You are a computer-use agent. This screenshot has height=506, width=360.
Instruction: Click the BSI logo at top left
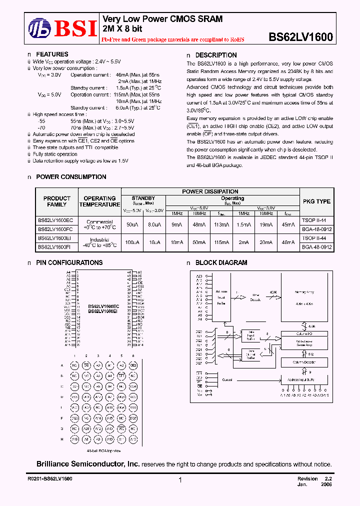[x=62, y=27]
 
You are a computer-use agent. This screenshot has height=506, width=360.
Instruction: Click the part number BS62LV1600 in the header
[x=300, y=36]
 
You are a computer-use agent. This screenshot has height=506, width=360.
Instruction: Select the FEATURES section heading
[x=52, y=54]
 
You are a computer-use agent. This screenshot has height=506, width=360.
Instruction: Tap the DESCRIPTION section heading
[x=215, y=55]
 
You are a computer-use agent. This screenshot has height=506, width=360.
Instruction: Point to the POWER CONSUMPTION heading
[x=71, y=177]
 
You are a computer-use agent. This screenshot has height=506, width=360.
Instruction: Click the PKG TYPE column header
[x=316, y=201]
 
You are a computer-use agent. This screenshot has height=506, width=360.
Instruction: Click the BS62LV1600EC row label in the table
[x=55, y=220]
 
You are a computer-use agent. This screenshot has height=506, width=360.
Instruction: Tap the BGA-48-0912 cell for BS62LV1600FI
[x=316, y=247]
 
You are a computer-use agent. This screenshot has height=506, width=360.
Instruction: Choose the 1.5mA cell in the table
[x=243, y=224]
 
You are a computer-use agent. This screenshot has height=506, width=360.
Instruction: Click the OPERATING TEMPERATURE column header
[x=99, y=201]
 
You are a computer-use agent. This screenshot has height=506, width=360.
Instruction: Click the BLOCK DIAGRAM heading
[x=221, y=262]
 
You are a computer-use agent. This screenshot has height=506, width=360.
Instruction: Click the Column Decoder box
[x=304, y=361]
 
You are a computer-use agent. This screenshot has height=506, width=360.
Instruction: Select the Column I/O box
[x=304, y=333]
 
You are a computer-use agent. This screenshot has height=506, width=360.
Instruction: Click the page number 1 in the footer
[x=179, y=480]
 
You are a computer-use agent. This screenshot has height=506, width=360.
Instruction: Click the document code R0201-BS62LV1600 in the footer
[x=50, y=479]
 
